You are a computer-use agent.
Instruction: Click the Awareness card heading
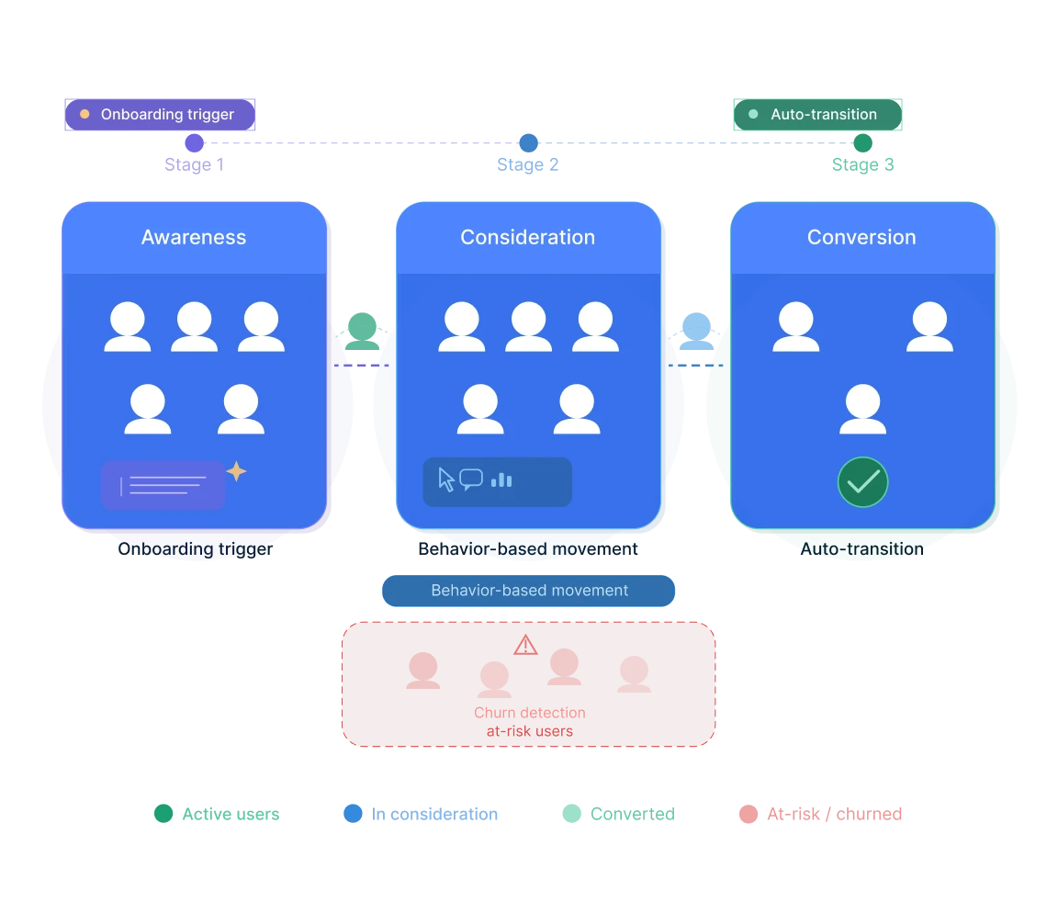tap(194, 237)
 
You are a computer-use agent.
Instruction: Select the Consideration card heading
tap(527, 237)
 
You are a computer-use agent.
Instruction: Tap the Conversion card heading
tap(861, 237)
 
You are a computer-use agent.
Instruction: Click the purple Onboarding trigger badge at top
tap(159, 115)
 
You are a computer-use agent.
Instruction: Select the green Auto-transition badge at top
tap(817, 115)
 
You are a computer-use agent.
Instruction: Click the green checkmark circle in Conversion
tap(862, 482)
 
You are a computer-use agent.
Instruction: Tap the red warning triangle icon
tap(525, 645)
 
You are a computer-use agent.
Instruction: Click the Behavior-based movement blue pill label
tap(529, 591)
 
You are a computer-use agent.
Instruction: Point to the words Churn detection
tap(529, 713)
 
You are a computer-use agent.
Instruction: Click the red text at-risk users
tap(529, 732)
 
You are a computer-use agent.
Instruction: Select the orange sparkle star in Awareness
tap(237, 471)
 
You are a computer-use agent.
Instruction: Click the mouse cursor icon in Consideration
tap(446, 479)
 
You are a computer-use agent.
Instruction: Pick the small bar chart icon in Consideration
tap(501, 479)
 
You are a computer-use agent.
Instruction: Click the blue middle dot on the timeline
tap(528, 143)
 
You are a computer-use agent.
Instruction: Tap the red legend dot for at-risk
tap(748, 814)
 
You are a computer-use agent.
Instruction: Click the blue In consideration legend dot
tap(352, 814)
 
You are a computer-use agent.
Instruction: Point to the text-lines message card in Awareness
tap(163, 485)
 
